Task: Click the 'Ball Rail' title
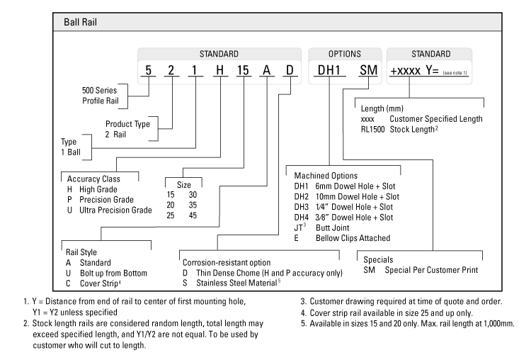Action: click(x=81, y=22)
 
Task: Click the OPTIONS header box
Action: click(x=344, y=54)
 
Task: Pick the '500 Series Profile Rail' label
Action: click(x=103, y=95)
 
